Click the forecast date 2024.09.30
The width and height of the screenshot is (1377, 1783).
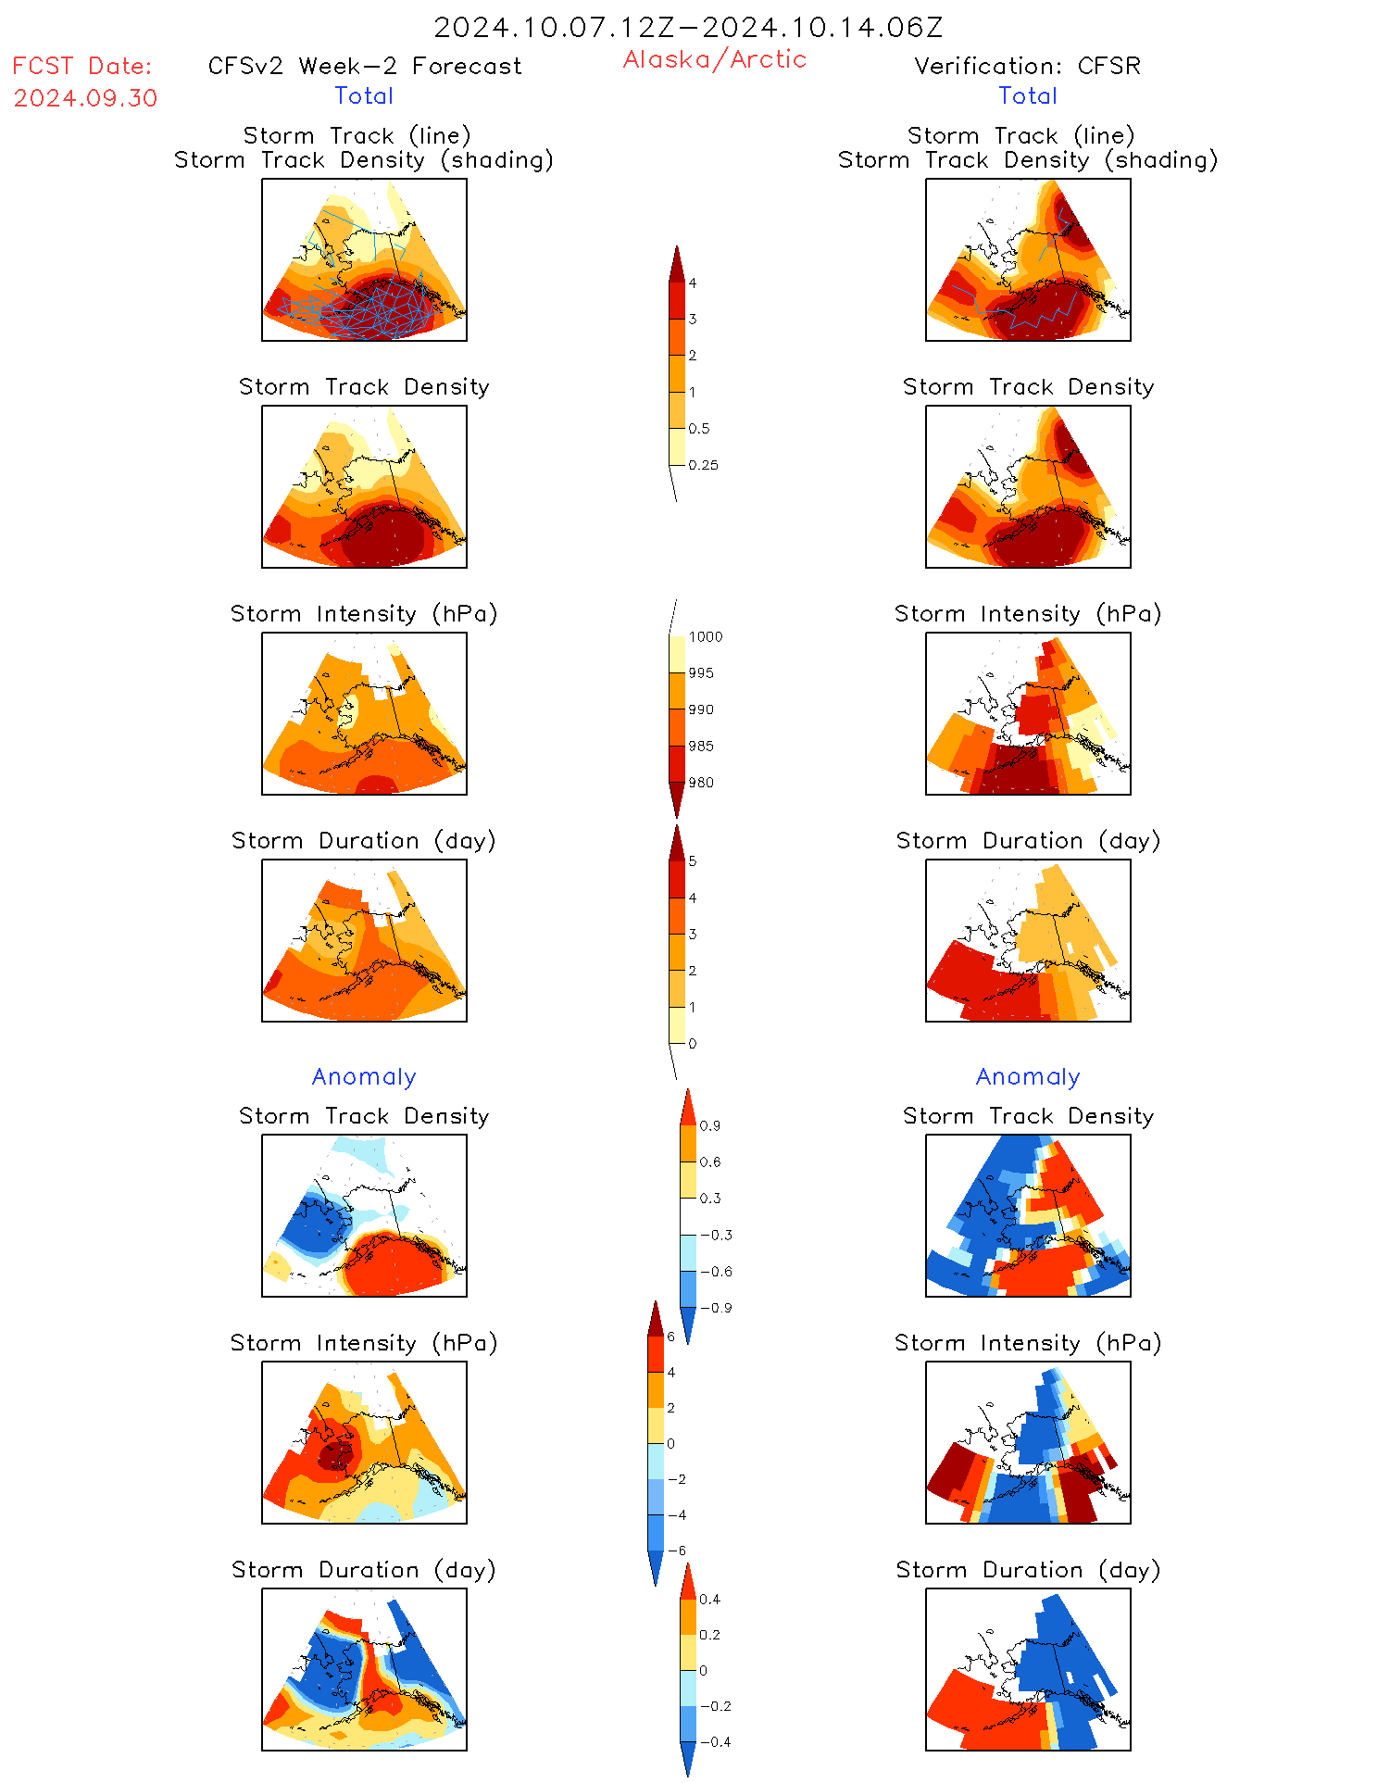click(85, 98)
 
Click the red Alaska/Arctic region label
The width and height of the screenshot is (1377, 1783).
click(714, 59)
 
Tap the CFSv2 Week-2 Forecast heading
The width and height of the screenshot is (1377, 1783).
click(364, 66)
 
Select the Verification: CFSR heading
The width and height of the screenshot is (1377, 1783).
click(1027, 66)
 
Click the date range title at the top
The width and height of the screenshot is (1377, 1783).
click(688, 27)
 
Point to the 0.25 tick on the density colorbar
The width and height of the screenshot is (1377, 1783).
click(703, 465)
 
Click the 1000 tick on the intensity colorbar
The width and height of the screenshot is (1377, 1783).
click(705, 636)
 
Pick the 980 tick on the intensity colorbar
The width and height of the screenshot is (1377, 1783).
click(701, 783)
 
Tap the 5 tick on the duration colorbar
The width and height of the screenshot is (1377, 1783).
click(692, 861)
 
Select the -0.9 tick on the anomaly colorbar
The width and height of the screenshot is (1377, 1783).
click(716, 1308)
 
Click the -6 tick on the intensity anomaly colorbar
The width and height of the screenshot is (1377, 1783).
click(677, 1551)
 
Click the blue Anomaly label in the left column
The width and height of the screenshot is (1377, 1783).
click(364, 1076)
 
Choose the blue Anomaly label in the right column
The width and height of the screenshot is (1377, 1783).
click(1028, 1076)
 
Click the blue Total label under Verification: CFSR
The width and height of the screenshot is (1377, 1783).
click(1028, 95)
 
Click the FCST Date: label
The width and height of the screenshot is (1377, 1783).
click(82, 66)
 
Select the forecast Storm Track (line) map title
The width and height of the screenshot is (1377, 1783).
click(357, 135)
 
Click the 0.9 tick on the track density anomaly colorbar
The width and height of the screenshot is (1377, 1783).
click(709, 1125)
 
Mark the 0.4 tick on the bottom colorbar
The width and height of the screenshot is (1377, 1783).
click(709, 1599)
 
